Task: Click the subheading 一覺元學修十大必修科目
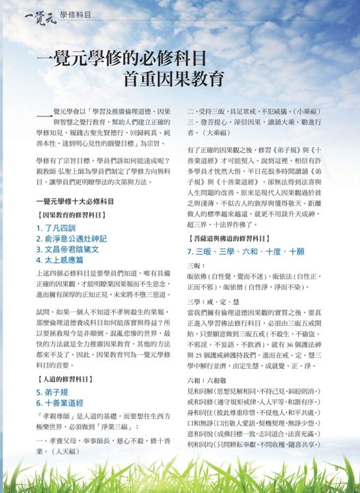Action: pyautogui.click(x=75, y=202)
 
